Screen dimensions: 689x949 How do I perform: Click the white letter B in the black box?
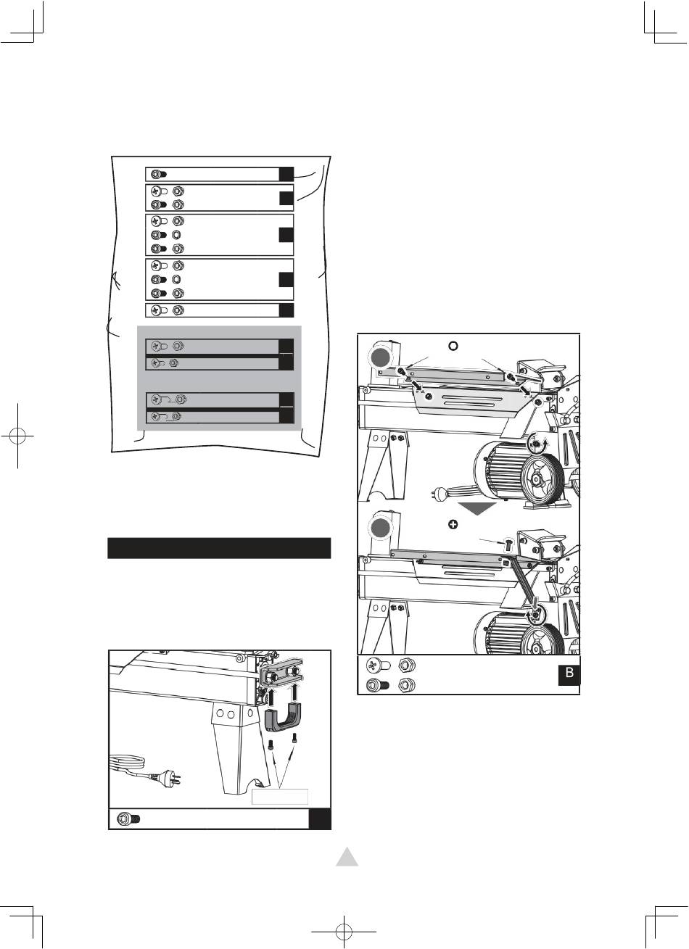569,672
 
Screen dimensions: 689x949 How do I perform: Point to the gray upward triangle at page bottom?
347,858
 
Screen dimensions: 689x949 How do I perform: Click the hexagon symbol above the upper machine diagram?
453,345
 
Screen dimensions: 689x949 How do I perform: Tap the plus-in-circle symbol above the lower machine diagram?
453,524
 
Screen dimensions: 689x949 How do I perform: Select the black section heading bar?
219,548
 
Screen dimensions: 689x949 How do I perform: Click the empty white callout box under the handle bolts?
280,797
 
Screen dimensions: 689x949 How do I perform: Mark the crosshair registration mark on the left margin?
17,436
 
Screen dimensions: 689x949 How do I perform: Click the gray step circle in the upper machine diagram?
380,357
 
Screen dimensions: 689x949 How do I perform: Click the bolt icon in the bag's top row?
159,174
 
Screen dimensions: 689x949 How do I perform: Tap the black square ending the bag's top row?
286,174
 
